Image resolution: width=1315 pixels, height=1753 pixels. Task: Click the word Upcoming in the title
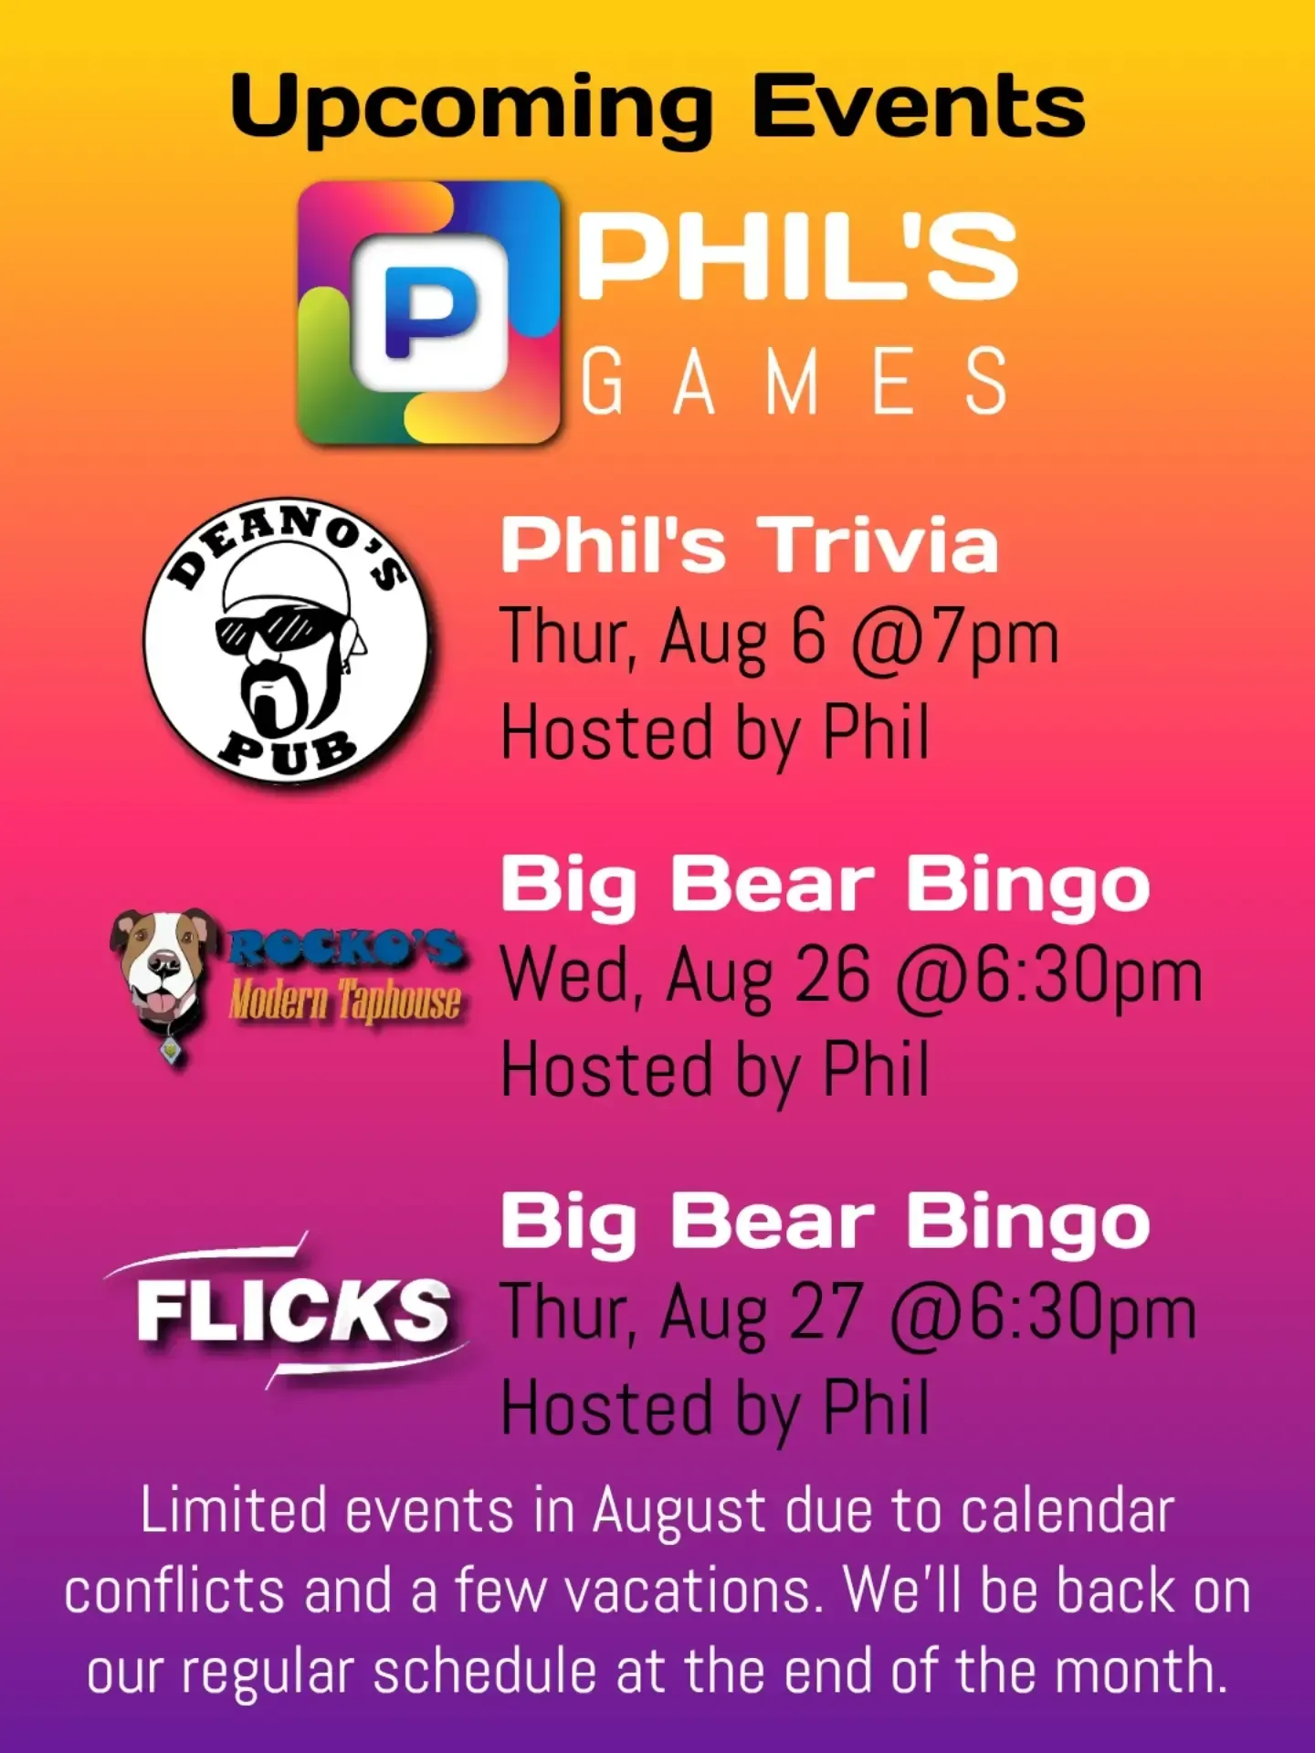[470, 108]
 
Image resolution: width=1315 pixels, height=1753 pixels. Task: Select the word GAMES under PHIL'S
[794, 381]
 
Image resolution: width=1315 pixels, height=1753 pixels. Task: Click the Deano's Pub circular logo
[286, 643]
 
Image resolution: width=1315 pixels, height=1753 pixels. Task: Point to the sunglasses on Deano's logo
[271, 632]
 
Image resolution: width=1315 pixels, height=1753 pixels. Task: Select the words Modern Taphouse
[344, 1000]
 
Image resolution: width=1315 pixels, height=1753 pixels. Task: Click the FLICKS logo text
[292, 1310]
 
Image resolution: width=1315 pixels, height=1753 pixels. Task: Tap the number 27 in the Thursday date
[826, 1312]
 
